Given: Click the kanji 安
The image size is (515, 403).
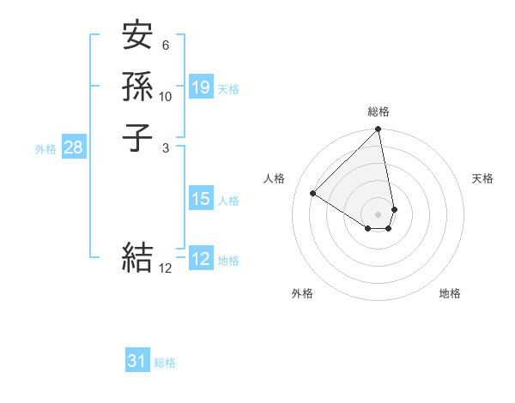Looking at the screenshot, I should click(138, 36).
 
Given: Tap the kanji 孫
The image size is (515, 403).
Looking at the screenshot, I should click(138, 86).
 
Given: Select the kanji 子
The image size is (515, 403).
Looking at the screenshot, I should click(138, 136).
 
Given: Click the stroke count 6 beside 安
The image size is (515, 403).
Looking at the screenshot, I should click(166, 45).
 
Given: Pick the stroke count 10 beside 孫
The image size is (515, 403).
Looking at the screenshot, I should click(166, 96).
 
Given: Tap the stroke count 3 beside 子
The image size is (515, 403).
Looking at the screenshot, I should click(166, 147).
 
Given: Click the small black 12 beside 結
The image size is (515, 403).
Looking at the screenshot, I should click(166, 268).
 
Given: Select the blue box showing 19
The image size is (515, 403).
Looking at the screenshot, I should click(201, 87).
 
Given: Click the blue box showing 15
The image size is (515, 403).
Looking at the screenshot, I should click(201, 199).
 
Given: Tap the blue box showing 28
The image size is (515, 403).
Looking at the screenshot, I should click(74, 147).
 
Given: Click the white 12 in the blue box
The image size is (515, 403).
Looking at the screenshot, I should click(201, 259).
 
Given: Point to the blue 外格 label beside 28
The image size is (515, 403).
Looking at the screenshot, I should click(45, 149).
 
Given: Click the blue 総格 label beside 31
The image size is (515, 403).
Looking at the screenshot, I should click(165, 363).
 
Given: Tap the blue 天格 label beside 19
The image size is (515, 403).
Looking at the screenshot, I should click(228, 89).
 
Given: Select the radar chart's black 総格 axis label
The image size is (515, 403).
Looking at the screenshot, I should click(379, 111).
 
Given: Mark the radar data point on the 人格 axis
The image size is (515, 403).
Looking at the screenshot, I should click(313, 194).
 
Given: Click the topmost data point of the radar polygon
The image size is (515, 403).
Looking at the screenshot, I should click(379, 130).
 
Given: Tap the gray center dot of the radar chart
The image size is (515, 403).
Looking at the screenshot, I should click(379, 214).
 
